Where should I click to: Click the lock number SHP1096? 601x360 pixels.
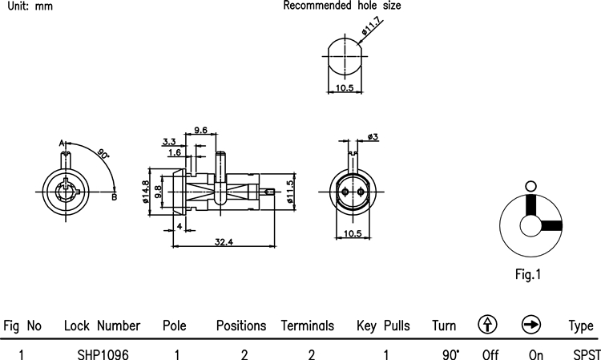(x=103, y=352)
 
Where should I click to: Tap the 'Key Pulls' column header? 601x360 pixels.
(x=383, y=326)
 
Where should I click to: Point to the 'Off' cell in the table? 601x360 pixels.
(x=491, y=352)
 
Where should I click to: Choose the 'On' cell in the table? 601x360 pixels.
(x=536, y=352)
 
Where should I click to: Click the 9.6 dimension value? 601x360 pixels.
(x=200, y=130)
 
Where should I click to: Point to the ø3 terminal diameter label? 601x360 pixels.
(x=373, y=138)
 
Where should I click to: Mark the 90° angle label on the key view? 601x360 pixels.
(x=103, y=152)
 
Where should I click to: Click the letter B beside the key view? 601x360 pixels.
(x=115, y=197)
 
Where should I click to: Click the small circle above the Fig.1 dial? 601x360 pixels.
(x=528, y=186)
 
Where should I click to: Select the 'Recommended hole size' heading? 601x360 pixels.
(x=342, y=6)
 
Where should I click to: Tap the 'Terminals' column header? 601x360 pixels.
(x=307, y=326)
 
